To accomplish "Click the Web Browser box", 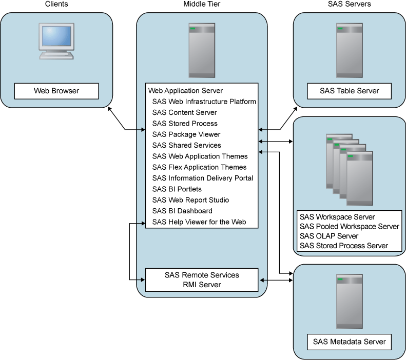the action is tap(56, 91).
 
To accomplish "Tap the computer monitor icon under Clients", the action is tap(56, 41).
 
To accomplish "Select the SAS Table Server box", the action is tap(350, 91).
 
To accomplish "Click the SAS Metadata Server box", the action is tap(350, 342).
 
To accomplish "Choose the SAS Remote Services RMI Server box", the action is tap(202, 280).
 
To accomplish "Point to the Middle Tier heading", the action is tap(202, 4).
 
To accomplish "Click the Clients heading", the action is tap(56, 4).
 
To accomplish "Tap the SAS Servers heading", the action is tap(350, 4).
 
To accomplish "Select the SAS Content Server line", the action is tap(184, 112).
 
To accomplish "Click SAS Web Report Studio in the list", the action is tap(190, 200).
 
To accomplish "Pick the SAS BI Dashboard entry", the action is tap(182, 211).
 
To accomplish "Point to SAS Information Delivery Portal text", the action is tap(202, 178).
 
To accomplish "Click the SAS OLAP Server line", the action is tap(329, 236).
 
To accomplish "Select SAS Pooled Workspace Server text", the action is tap(350, 227).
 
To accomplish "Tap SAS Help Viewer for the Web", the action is tap(199, 222).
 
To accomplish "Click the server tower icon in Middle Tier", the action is tap(202, 50).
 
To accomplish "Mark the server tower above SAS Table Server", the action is tap(350, 50).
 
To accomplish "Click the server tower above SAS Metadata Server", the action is tap(350, 302).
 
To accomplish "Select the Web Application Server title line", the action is tap(185, 91).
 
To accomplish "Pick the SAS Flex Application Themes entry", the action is tap(199, 167).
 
